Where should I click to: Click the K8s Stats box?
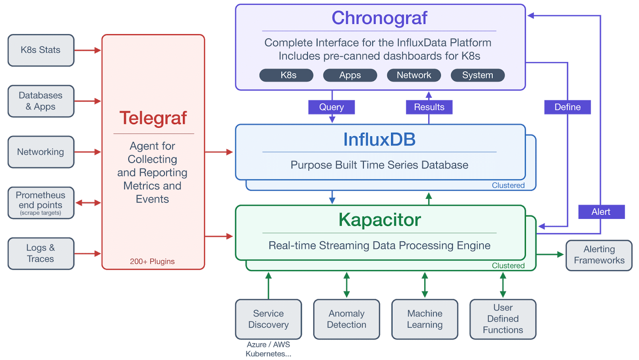click(41, 50)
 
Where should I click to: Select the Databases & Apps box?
click(41, 101)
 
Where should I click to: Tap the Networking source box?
click(41, 152)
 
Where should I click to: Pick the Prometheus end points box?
click(41, 203)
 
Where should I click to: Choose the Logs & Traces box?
click(41, 253)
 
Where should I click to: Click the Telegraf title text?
click(153, 118)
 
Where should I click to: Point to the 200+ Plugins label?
click(152, 261)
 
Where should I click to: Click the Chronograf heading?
click(379, 18)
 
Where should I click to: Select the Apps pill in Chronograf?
click(350, 75)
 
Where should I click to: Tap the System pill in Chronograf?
click(477, 75)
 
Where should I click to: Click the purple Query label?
click(331, 107)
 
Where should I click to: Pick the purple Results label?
click(429, 107)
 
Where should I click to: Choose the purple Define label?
click(567, 107)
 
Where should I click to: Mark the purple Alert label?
click(601, 212)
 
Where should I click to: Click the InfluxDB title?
click(379, 139)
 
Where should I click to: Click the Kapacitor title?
click(379, 220)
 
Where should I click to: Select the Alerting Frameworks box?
click(599, 255)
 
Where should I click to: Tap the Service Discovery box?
click(268, 319)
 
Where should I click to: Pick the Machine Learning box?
click(425, 319)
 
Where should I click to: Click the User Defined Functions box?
click(503, 319)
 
